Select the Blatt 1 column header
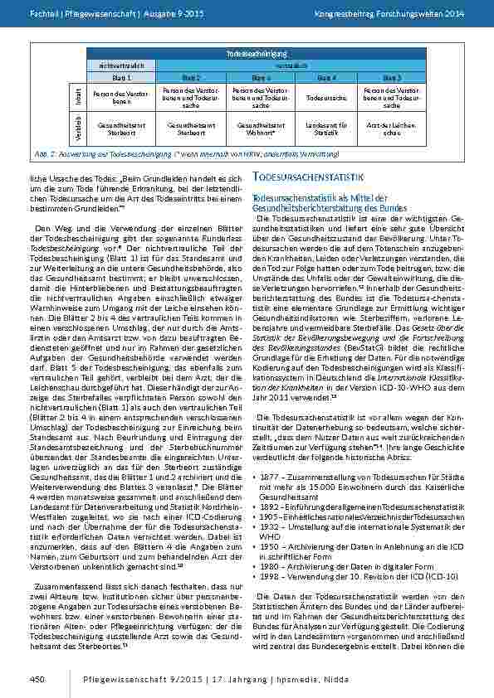coord(116,77)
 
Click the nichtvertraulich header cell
coord(116,65)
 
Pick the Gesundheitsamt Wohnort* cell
coord(256,128)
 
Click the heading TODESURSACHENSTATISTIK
coord(309,178)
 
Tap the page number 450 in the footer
coord(37,678)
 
